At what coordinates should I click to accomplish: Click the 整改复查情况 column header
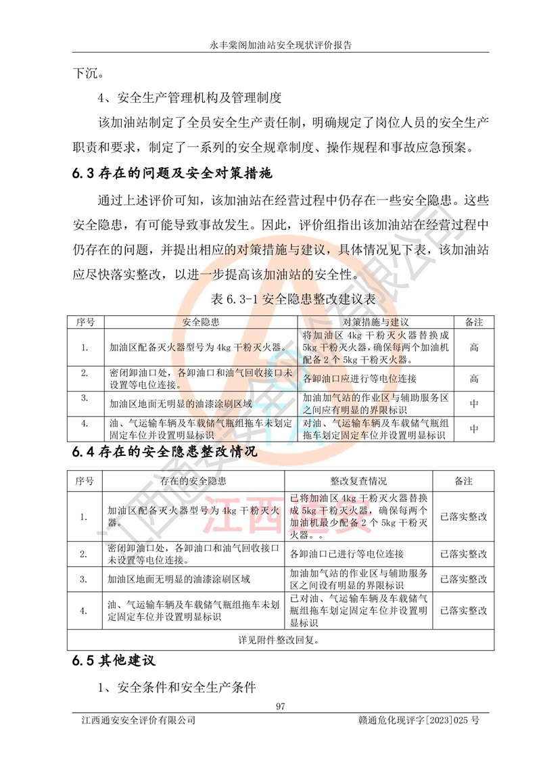pos(358,481)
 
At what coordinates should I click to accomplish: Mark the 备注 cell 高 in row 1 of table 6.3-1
pos(474,347)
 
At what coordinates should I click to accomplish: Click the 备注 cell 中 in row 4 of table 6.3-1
pos(474,428)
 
